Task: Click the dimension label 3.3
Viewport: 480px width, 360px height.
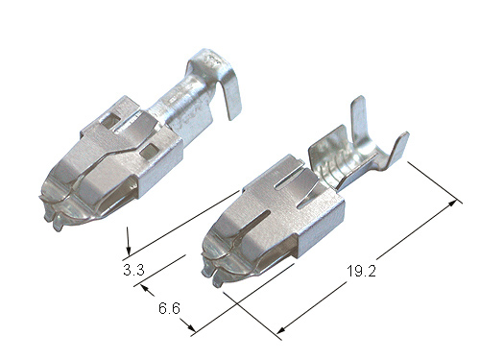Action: pyautogui.click(x=133, y=271)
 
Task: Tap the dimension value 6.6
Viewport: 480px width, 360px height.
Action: pyautogui.click(x=169, y=308)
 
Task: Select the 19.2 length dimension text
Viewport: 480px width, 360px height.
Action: pyautogui.click(x=361, y=272)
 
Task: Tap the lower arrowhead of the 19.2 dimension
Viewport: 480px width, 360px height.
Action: pyautogui.click(x=281, y=329)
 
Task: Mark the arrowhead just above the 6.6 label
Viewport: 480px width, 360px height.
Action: pyautogui.click(x=146, y=289)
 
